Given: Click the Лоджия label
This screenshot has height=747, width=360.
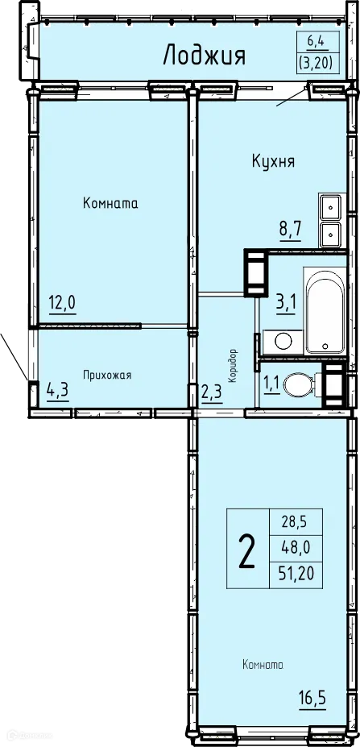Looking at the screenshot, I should click(x=204, y=55).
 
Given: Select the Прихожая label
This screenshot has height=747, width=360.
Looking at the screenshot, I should click(x=108, y=375).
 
